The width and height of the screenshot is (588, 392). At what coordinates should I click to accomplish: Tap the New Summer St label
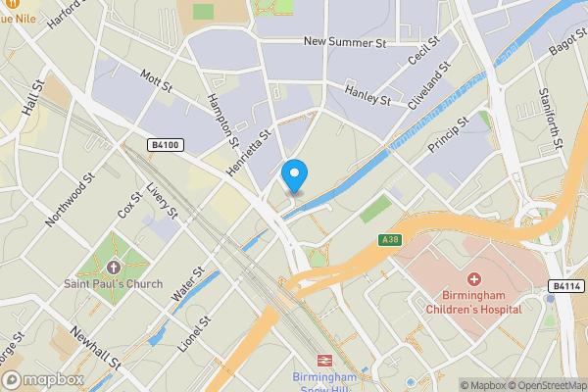[345, 43]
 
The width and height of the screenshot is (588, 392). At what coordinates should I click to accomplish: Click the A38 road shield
[390, 240]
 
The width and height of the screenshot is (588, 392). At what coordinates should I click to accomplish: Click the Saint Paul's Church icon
[114, 268]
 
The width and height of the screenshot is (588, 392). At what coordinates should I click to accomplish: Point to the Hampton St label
[223, 119]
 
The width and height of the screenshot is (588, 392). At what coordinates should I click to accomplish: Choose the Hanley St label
[368, 94]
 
